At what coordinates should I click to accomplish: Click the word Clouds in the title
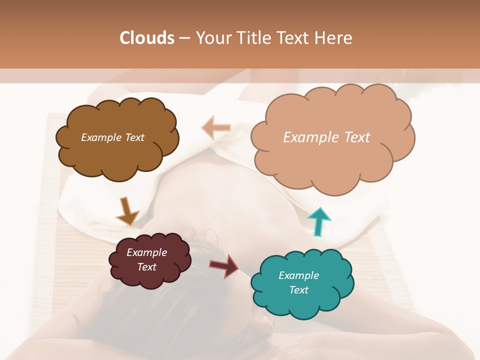[x=147, y=38]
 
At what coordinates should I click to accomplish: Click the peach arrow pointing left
[x=216, y=127]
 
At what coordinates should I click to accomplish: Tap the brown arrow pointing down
[x=127, y=211]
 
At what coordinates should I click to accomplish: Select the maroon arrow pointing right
[x=224, y=265]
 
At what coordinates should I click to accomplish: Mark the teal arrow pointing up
[x=318, y=221]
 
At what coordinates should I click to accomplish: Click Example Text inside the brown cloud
[x=112, y=137]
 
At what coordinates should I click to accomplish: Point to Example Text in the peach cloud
[x=326, y=137]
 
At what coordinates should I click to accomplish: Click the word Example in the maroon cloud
[x=146, y=252]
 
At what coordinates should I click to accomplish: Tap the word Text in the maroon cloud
[x=146, y=267]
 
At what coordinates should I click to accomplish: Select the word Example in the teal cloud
[x=298, y=275]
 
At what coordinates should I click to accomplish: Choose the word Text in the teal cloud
[x=298, y=290]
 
